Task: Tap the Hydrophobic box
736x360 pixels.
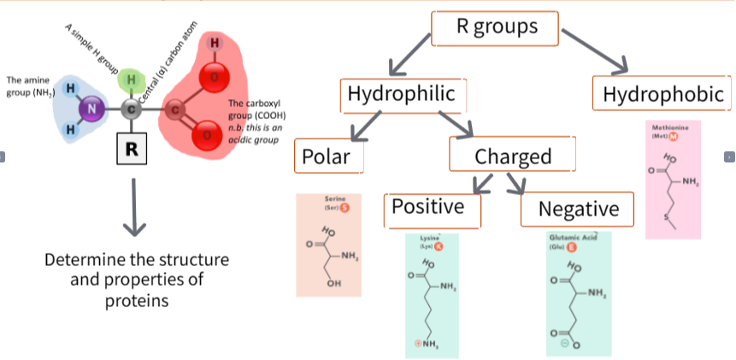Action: tap(662, 94)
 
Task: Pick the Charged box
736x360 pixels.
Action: tap(513, 156)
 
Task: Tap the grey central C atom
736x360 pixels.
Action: tap(131, 109)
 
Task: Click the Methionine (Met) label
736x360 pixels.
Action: tap(670, 132)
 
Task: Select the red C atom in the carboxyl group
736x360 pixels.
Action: tap(174, 109)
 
